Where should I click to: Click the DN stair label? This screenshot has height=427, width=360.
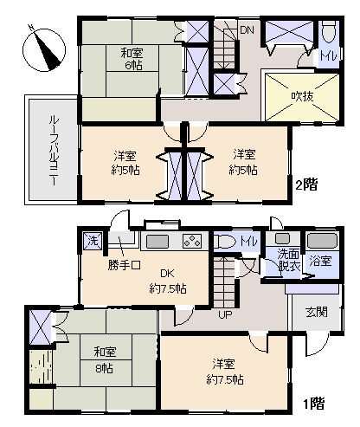tap(247, 30)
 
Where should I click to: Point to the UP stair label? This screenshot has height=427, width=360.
tap(224, 314)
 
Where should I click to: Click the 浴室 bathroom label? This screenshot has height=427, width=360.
tap(320, 259)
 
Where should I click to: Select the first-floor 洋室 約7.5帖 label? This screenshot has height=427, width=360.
tap(223, 372)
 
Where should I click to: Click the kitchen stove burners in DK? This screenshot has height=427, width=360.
tap(191, 241)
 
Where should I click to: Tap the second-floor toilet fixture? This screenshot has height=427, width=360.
tap(330, 35)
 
